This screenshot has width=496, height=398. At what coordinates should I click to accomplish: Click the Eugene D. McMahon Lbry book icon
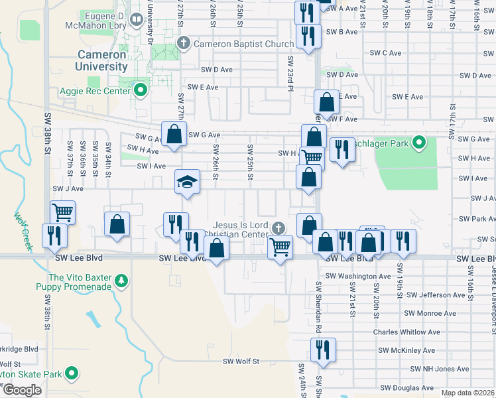136,20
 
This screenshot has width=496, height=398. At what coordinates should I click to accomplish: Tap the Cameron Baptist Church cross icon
184,44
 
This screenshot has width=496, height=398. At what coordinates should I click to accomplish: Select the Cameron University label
102,60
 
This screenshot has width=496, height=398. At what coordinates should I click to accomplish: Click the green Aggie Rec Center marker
140,90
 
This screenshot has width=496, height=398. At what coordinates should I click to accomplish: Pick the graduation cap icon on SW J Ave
187,181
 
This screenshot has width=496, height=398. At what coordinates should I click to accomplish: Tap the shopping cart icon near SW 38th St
62,212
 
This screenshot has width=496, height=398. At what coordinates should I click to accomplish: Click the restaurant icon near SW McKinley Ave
323,350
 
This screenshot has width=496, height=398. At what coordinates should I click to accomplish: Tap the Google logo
22,389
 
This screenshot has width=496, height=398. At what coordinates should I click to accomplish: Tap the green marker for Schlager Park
418,143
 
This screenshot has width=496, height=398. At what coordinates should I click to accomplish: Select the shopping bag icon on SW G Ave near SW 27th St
173,133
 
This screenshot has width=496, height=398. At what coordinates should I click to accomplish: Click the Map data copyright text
467,393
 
